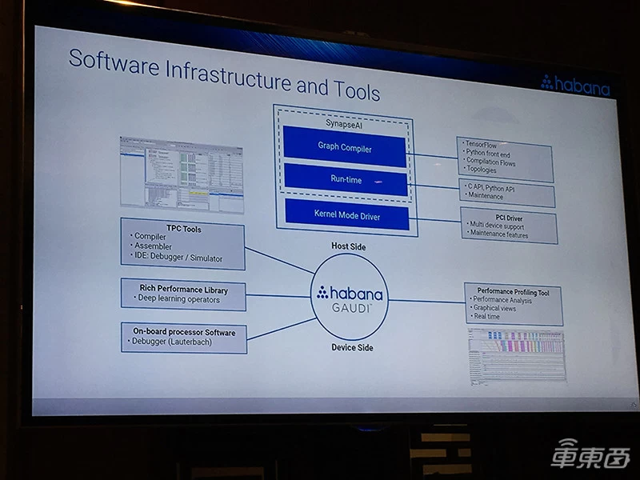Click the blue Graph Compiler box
click(345, 147)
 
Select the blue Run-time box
click(345, 180)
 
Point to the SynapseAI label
click(345, 122)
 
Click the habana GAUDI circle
click(349, 296)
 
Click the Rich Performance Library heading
click(183, 290)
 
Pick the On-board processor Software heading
click(183, 332)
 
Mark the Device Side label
click(352, 348)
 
